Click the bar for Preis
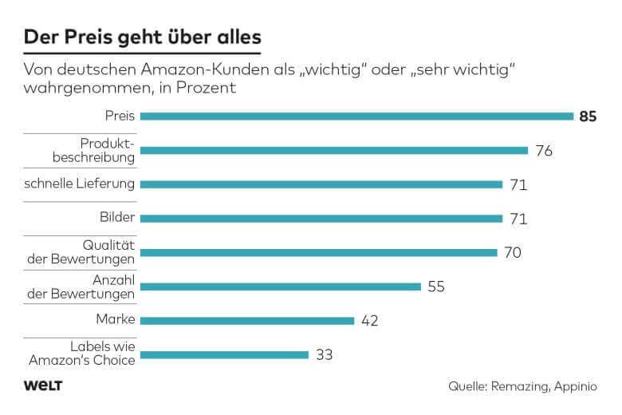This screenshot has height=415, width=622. pos(356,117)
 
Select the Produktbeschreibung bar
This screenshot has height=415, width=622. pos(333,150)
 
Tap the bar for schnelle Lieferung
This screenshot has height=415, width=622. pos(321,184)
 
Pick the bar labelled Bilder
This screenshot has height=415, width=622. pos(321,219)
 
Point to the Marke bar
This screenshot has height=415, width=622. pos(247,321)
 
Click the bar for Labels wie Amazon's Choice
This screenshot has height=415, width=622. pos(224,355)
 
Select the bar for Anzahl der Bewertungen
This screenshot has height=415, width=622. pos(280,287)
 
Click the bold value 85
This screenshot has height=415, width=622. pos(589,117)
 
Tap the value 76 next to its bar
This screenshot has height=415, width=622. pos(544,151)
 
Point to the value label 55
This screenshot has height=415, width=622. pos(436,287)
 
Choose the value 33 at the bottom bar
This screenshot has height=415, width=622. pos(325,355)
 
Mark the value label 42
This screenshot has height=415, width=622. pos(369,321)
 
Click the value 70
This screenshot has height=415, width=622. pos(512,253)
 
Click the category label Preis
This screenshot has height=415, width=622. pos(120,116)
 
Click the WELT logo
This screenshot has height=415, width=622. pos(43,386)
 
